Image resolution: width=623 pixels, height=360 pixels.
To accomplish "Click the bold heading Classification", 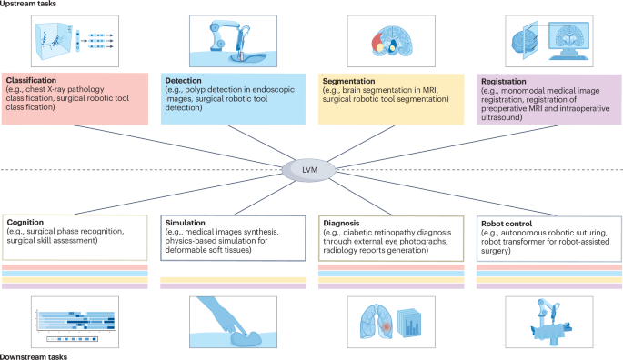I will click(x=33, y=81).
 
